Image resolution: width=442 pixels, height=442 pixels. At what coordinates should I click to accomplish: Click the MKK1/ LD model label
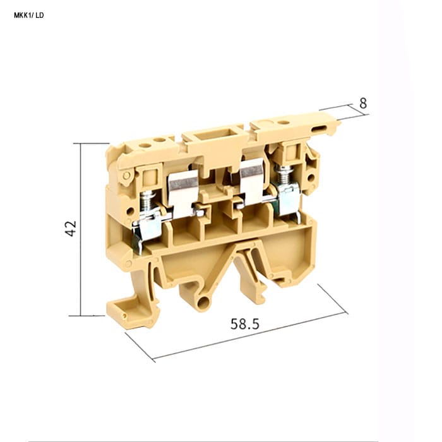coord(29,15)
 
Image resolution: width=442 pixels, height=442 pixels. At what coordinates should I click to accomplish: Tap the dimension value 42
coord(71,229)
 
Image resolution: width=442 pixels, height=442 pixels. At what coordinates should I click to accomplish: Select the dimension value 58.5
coord(245,324)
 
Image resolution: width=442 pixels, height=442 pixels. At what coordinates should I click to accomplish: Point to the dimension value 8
coord(363,104)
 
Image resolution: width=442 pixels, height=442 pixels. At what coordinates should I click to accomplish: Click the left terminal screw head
coord(146,194)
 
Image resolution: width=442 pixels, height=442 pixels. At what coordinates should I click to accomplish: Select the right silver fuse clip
coord(251,181)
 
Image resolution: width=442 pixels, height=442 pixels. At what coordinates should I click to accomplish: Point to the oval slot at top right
coord(320,129)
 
